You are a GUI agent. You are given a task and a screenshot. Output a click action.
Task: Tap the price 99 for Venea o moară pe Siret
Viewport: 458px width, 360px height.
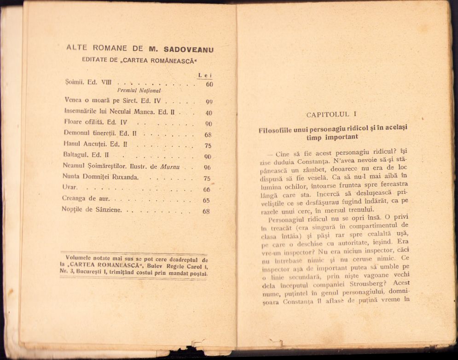[209, 102]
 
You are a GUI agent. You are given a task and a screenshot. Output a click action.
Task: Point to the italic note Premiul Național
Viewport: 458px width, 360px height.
[139, 91]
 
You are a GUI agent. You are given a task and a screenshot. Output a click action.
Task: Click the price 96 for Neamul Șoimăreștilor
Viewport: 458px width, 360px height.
[207, 168]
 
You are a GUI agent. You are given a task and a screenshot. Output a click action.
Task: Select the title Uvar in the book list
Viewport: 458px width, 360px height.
[69, 187]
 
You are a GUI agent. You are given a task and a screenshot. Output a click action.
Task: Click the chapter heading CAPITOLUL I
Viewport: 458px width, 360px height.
[331, 114]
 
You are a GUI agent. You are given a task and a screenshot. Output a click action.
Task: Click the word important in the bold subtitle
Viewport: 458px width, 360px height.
[341, 137]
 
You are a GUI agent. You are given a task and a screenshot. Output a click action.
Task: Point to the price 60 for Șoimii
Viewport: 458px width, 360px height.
[209, 84]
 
